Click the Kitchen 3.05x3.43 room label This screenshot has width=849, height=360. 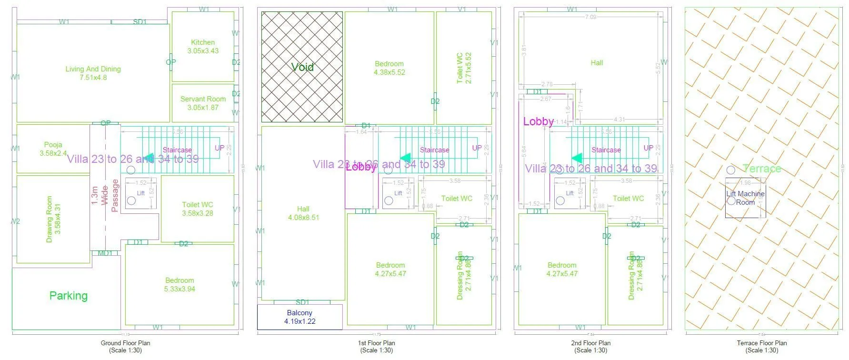[203, 47]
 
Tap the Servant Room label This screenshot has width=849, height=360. [203, 103]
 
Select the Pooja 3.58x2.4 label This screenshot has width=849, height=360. [53, 149]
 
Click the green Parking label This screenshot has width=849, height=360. [69, 296]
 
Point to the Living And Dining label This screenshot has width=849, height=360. [93, 73]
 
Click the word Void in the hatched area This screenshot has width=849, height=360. [302, 67]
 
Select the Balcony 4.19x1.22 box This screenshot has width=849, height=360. [300, 317]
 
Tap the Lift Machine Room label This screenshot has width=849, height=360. [745, 198]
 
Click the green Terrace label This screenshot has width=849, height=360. [762, 169]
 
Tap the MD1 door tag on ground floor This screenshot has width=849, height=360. [105, 253]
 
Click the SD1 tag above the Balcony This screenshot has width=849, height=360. [302, 302]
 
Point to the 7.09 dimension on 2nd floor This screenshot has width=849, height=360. [590, 17]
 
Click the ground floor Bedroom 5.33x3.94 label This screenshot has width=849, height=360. [180, 285]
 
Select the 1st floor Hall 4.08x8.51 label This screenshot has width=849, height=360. [303, 213]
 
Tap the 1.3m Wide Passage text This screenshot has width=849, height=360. [105, 195]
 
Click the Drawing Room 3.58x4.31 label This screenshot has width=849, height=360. [53, 219]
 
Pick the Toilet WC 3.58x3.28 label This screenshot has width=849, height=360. [197, 209]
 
